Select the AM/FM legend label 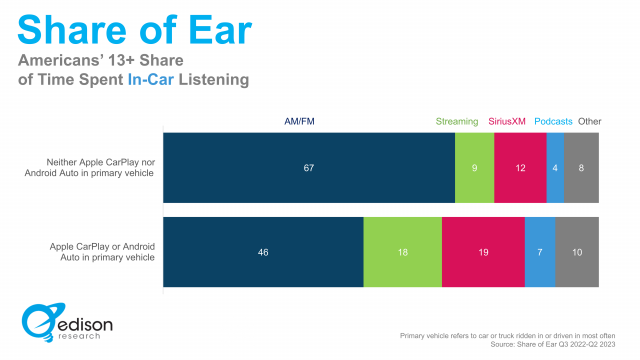[301, 122]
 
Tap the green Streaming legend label [457, 122]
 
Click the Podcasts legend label [553, 122]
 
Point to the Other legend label [590, 122]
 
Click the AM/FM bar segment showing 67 [309, 168]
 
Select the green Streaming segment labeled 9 [474, 168]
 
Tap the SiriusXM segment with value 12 [520, 168]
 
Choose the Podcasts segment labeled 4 [554, 168]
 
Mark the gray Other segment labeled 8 [581, 168]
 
